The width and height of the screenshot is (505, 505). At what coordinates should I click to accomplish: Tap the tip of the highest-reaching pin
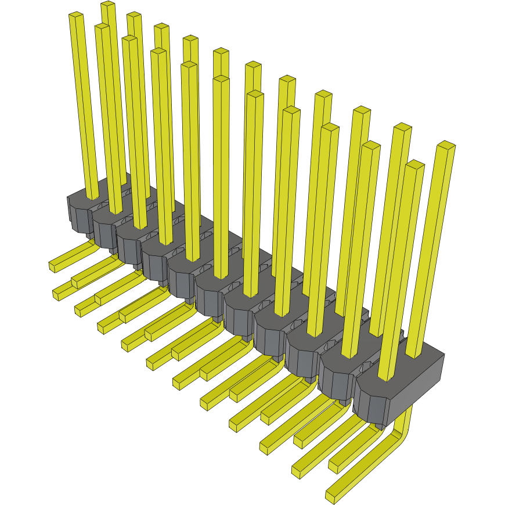coord(108,5)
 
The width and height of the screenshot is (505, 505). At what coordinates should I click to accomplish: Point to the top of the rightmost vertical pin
coord(446,145)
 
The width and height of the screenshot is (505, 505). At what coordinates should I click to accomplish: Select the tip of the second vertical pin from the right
coord(415,164)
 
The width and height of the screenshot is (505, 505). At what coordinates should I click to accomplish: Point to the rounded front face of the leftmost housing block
coord(78,218)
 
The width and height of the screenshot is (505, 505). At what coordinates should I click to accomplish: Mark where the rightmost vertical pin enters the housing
coord(413,354)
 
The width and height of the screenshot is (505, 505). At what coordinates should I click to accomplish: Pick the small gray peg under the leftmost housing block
coord(90,236)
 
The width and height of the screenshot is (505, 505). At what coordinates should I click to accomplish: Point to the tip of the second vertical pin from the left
coord(102,27)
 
